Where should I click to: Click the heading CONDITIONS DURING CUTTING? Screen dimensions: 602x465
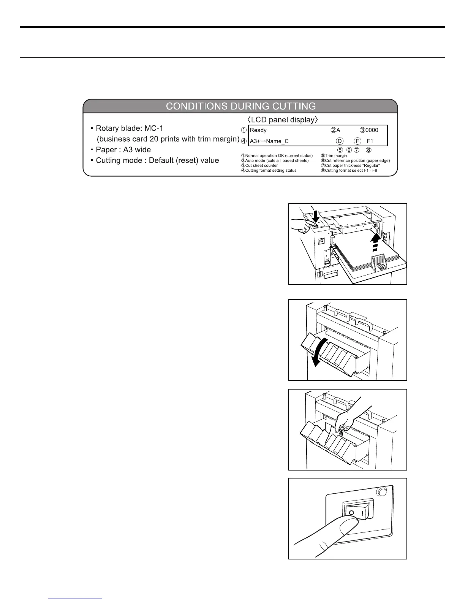click(240, 106)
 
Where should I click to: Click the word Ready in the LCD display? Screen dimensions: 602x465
click(258, 130)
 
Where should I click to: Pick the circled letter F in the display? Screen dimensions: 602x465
click(357, 141)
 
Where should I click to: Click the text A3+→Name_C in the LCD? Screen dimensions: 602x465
click(269, 141)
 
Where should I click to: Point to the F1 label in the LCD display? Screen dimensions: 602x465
click(370, 141)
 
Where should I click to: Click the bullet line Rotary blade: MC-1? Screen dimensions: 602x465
click(130, 128)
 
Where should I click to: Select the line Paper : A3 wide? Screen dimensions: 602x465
click(123, 150)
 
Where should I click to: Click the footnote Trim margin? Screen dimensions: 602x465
click(334, 156)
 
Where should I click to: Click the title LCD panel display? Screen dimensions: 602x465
click(283, 120)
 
